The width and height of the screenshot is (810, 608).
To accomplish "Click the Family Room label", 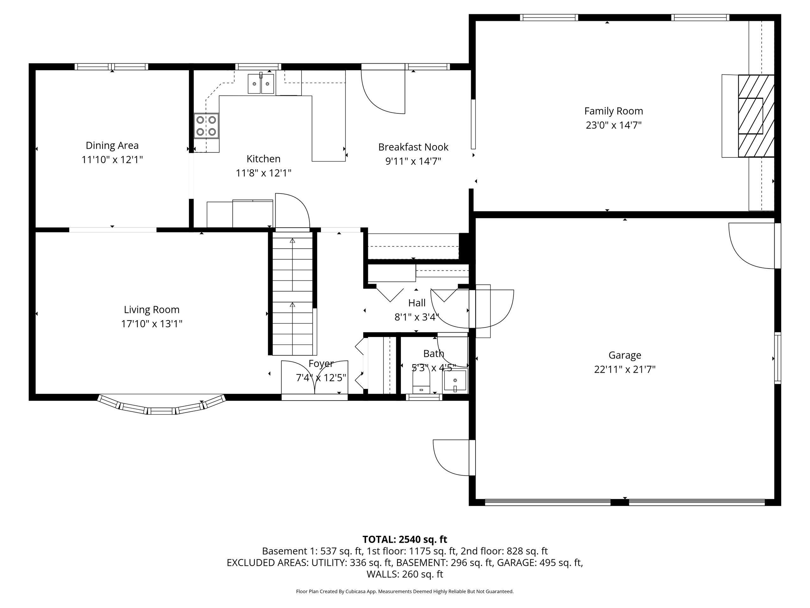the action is click(x=614, y=111).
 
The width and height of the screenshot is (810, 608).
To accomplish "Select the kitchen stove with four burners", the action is click(x=206, y=126).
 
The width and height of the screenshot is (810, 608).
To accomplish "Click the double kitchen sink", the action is click(x=261, y=84).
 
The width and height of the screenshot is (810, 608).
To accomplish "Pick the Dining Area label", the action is click(x=112, y=145).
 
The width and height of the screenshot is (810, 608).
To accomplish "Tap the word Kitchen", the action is click(x=263, y=159).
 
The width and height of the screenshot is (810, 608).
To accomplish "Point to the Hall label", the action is click(x=417, y=303).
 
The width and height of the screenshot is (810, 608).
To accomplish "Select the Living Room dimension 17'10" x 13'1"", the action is click(x=152, y=324).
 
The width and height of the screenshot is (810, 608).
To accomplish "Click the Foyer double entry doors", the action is click(x=315, y=378).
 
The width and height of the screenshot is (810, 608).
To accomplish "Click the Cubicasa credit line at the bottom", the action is click(x=405, y=591).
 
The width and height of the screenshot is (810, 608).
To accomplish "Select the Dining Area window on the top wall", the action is click(x=112, y=67).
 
